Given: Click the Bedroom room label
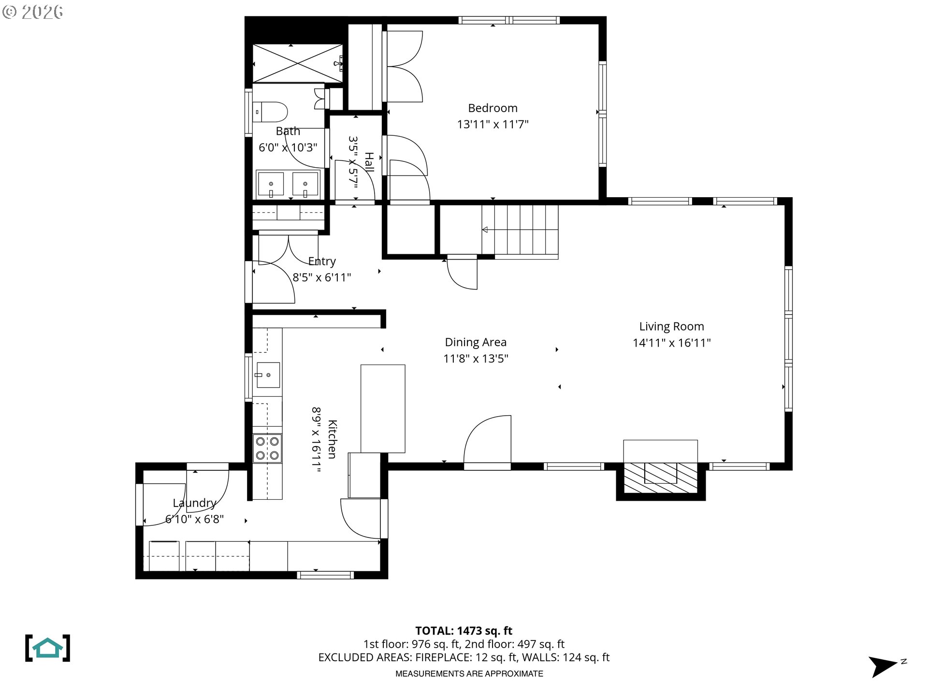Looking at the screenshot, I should pos(493,108).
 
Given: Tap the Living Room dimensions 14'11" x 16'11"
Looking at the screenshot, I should pos(671,343).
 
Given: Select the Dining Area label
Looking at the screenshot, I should pos(476,342).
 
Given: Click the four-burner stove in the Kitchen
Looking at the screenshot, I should pos(267,448).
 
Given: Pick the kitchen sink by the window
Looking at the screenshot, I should pos(268,375).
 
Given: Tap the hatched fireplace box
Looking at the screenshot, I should pos(660,478).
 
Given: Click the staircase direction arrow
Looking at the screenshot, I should pos(485,230).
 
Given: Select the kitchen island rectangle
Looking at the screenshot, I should pos(383,408).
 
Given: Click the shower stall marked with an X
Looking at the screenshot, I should pos(298,63).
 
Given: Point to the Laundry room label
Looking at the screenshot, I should pos(194,503).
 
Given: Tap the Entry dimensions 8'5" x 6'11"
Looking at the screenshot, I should pos(322,277).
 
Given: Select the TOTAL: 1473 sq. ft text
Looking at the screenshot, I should pos(464,631).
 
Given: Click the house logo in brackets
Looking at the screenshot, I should pos(47,648).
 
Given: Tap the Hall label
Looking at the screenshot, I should pos(369,162).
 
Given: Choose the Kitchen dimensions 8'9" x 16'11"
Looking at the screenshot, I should pos(316,439).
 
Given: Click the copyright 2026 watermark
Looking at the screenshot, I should pos(32,12).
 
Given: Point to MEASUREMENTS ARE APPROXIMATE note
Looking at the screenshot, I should pos(469,674).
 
